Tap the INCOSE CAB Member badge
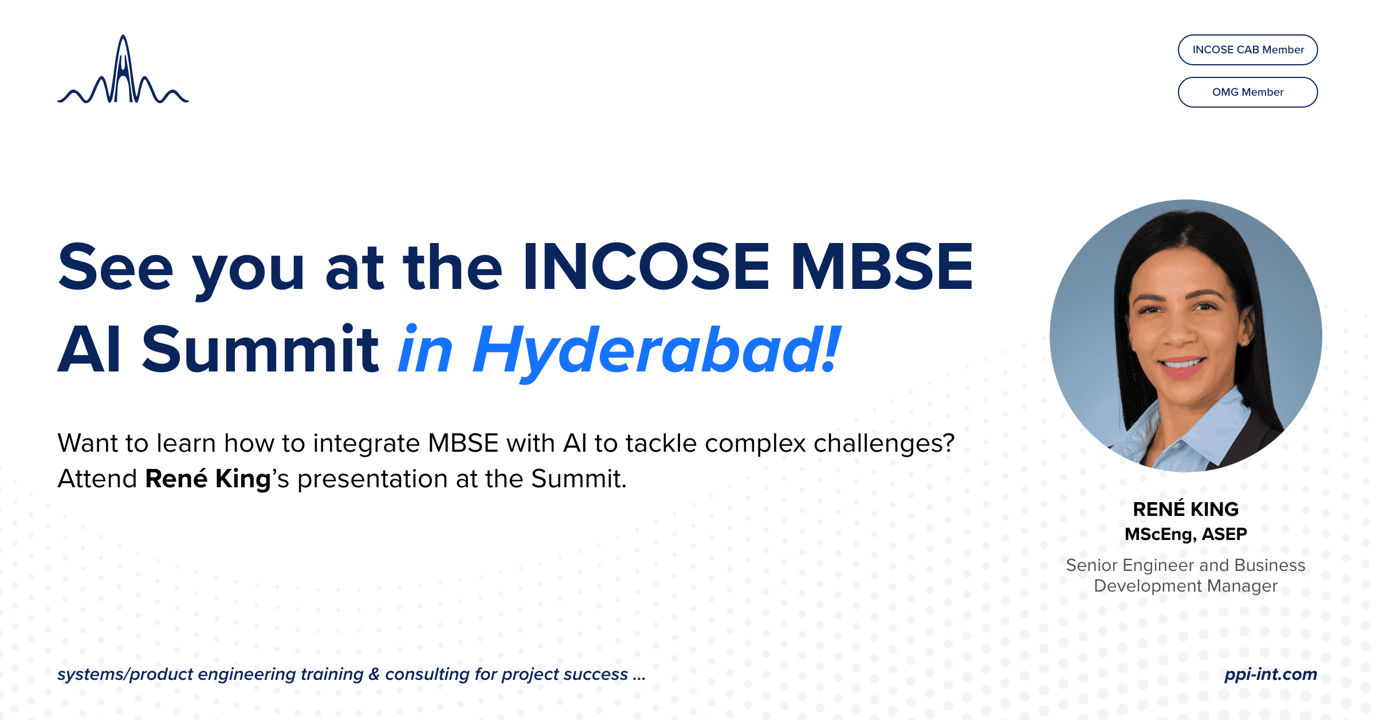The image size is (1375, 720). [x=1247, y=50]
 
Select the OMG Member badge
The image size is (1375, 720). [x=1247, y=92]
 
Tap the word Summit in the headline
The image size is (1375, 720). [x=260, y=350]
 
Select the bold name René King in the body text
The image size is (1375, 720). [x=207, y=479]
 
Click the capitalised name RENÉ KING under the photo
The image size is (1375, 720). [x=1185, y=509]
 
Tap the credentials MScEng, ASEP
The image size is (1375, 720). [x=1185, y=534]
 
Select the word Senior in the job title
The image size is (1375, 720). [x=1091, y=565]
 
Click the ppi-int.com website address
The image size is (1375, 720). [x=1270, y=674]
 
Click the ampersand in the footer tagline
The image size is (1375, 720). [x=374, y=674]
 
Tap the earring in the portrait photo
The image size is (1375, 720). [x=1243, y=343]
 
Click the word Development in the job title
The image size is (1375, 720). [x=1148, y=586]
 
